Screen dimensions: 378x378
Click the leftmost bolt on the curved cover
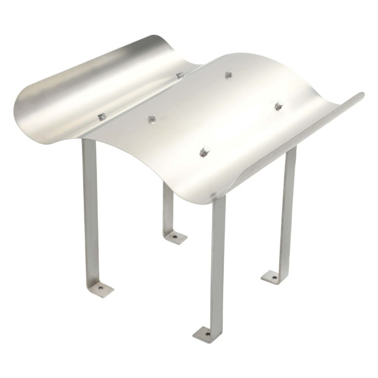(101, 117)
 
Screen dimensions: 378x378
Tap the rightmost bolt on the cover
(278, 105)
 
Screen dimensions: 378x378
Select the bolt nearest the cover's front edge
(204, 152)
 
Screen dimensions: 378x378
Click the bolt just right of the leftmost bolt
(152, 118)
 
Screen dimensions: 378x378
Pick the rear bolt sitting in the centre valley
(180, 75)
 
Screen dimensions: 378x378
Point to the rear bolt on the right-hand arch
(229, 75)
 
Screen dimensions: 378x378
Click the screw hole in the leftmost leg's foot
(100, 289)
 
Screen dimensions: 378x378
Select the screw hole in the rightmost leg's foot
(273, 276)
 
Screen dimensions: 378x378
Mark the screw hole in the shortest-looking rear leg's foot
(175, 238)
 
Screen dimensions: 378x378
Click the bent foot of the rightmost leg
(274, 276)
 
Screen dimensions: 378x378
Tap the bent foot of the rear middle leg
(175, 237)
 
